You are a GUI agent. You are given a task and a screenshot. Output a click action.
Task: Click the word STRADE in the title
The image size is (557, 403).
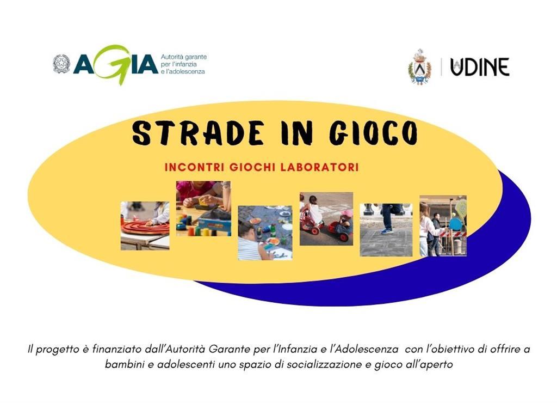coord(198,133)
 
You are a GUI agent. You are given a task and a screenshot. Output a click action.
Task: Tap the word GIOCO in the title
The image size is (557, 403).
coord(373,133)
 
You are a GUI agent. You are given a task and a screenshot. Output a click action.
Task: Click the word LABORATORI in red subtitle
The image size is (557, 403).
coord(319,167)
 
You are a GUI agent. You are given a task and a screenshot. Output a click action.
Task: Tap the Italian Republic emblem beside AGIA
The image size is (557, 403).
coord(62,64)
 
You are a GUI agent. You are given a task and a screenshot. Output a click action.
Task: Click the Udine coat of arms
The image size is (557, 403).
coord(419,67)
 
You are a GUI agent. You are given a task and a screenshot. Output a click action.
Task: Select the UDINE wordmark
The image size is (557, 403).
coord(480,67)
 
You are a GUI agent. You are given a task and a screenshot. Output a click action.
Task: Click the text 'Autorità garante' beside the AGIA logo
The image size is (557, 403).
coord(184,57)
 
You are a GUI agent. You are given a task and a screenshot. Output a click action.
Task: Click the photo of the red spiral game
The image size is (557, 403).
coord(145,225)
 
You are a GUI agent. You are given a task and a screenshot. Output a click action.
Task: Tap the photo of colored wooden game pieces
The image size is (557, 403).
coord(203,209)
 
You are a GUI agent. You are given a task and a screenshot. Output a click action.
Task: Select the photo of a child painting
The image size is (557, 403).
coord(265,233)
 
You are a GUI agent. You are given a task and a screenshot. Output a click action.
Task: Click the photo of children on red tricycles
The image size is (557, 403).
coord(326,219)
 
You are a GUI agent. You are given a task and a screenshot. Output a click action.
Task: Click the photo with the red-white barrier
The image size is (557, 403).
coord(443,225)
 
